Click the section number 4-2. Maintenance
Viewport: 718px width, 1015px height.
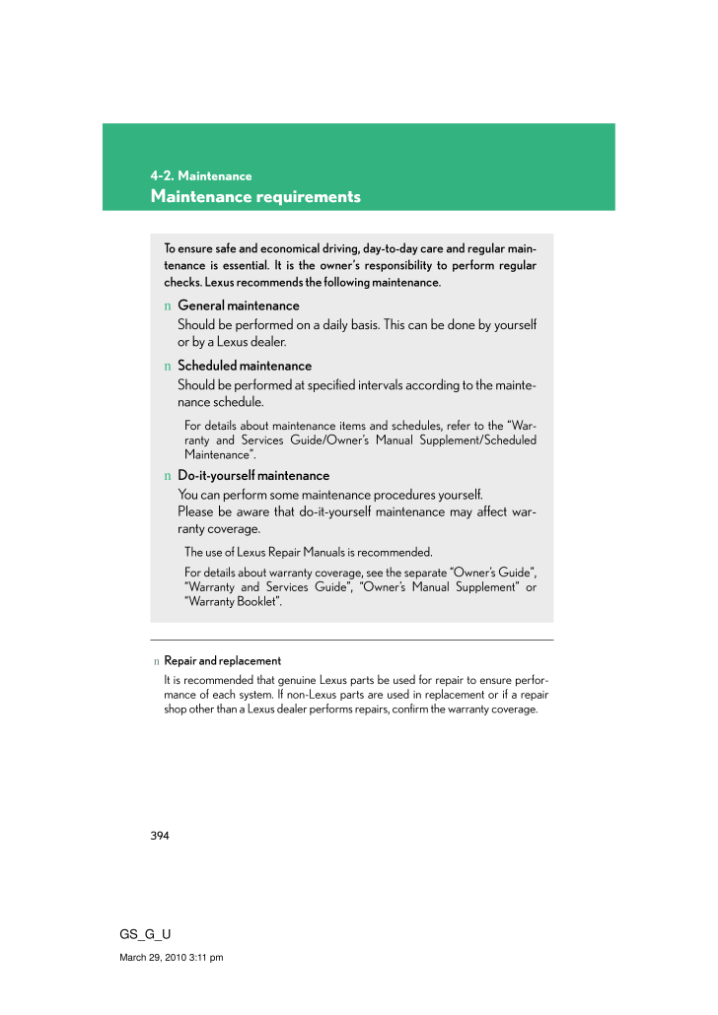click(x=201, y=176)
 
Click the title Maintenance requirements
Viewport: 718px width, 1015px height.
click(x=255, y=197)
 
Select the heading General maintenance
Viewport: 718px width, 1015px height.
click(x=238, y=305)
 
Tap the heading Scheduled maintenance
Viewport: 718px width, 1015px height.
click(x=244, y=366)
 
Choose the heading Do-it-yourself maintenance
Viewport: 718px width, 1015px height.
click(x=253, y=476)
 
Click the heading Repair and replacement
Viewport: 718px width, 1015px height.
click(x=222, y=661)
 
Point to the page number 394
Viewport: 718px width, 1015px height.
click(x=160, y=836)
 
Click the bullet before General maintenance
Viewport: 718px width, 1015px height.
click(x=168, y=306)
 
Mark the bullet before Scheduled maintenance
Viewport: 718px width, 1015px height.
click(x=168, y=367)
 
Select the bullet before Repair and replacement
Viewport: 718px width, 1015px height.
click(x=155, y=661)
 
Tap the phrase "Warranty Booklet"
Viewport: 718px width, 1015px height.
click(x=234, y=602)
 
